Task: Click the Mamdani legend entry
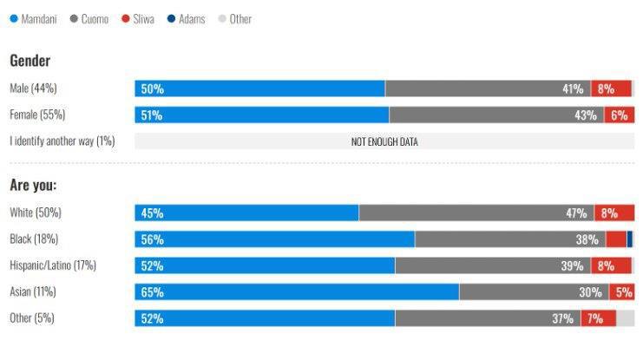coord(33,18)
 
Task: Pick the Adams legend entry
coord(186,18)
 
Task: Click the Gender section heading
coord(30,61)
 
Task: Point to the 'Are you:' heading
coord(33,185)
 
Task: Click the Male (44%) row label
coord(33,88)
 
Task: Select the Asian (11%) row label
coord(33,291)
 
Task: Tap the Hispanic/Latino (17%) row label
coord(52,265)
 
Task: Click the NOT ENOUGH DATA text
coord(384,141)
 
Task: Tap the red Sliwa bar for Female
coord(619,115)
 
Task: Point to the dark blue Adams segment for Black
coord(630,239)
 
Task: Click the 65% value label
coord(152,292)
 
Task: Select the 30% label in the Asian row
coord(590,292)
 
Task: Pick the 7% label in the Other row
coord(594,318)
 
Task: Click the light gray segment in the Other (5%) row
coord(625,318)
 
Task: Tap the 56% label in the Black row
coord(152,239)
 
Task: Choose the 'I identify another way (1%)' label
coord(62,141)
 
